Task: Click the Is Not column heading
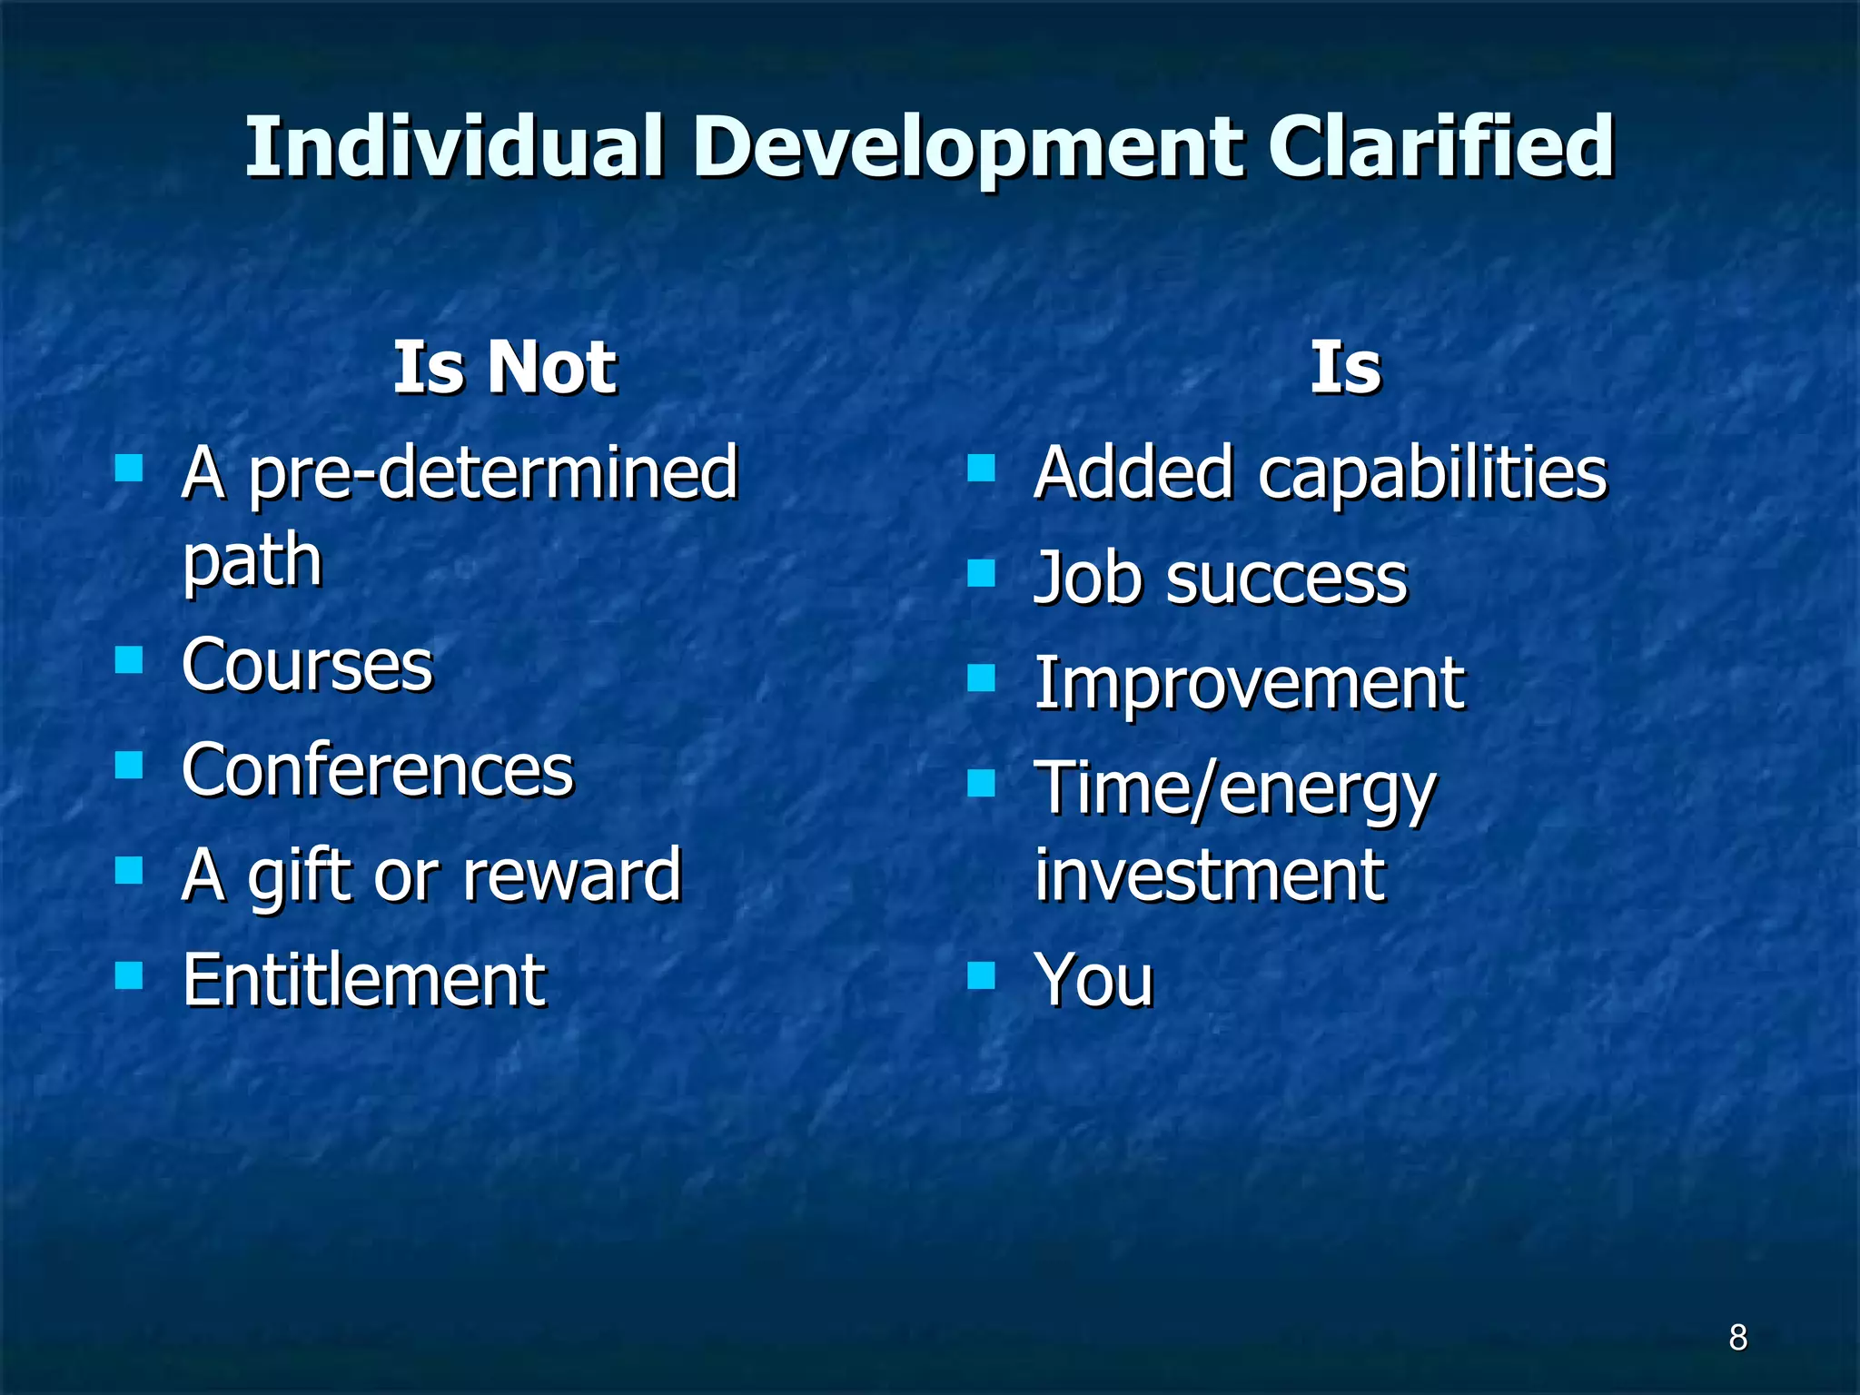(x=504, y=367)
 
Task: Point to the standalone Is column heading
(x=1345, y=367)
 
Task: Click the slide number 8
(x=1737, y=1337)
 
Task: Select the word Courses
(x=307, y=665)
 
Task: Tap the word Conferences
(x=378, y=770)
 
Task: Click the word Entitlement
(x=363, y=981)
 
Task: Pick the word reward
(x=571, y=876)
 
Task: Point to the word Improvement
(x=1249, y=683)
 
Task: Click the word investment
(x=1210, y=876)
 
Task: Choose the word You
(x=1093, y=981)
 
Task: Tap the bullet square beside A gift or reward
(x=129, y=871)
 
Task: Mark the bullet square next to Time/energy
(x=981, y=782)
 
